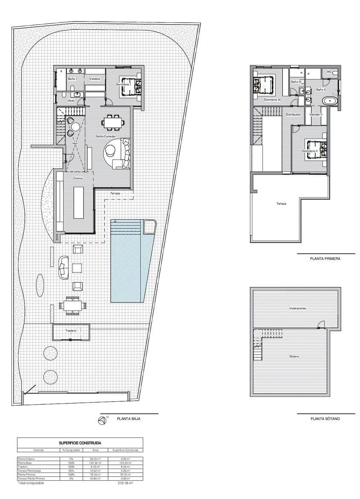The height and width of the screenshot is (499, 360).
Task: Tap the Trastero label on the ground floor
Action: click(71, 331)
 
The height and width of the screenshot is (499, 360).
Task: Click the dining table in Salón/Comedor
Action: click(113, 122)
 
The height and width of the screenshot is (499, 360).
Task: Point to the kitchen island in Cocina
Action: click(79, 203)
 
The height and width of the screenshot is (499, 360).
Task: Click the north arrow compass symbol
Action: click(102, 421)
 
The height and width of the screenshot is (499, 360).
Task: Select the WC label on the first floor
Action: click(329, 72)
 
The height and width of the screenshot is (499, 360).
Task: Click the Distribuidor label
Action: click(293, 114)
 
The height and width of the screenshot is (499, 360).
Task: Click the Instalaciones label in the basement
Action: click(297, 308)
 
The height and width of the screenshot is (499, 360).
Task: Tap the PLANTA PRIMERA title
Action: click(325, 258)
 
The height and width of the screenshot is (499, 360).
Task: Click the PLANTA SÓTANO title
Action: click(325, 419)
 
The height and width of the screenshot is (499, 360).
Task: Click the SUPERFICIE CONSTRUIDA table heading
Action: click(80, 443)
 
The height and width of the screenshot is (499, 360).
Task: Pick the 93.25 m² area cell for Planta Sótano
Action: click(95, 458)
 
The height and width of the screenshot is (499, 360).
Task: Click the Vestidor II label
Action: click(316, 114)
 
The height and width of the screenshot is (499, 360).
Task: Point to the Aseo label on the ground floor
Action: click(72, 100)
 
